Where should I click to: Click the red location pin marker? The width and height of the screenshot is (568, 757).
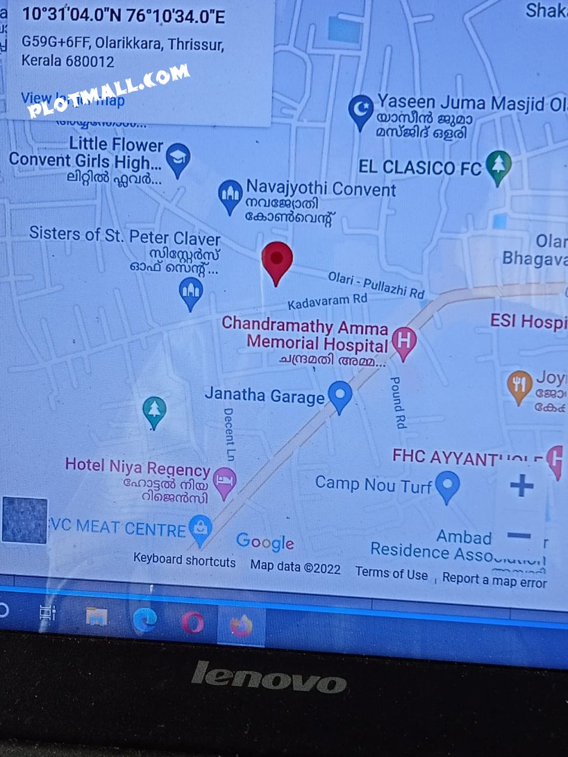[277, 260]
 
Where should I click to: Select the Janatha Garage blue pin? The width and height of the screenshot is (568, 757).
[340, 395]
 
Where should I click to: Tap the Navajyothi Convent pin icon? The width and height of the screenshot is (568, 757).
[230, 195]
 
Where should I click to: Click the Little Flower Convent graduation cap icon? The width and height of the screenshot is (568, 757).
[178, 158]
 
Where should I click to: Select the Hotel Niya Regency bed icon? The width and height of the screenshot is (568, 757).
[225, 481]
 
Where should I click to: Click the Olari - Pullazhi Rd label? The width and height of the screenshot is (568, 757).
[376, 285]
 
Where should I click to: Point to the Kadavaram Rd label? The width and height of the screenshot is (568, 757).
[327, 301]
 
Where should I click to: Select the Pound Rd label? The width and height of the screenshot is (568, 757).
[398, 402]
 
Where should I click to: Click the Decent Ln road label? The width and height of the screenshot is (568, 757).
[229, 434]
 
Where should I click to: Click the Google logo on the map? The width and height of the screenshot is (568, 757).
[265, 542]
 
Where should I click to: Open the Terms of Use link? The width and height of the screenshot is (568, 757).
[392, 573]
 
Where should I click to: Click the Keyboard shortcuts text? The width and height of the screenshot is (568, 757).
[184, 560]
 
